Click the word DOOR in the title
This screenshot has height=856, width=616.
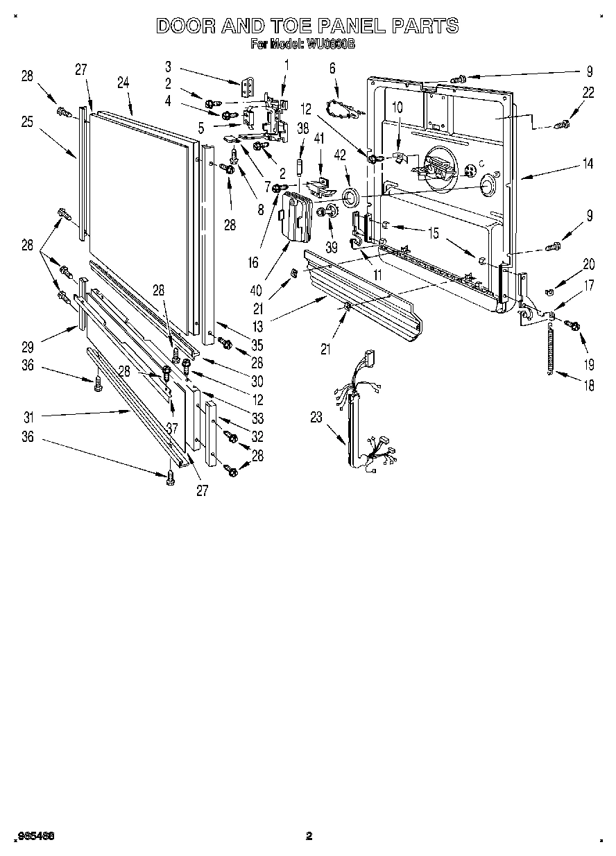tap(184, 26)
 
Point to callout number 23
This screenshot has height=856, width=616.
tap(316, 418)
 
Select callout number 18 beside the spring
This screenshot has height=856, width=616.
tap(589, 386)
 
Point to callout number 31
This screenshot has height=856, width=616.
tap(28, 417)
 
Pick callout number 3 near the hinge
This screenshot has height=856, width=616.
tap(168, 67)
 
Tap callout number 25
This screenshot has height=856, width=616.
tap(27, 121)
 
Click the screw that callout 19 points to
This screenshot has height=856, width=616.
tap(573, 325)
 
